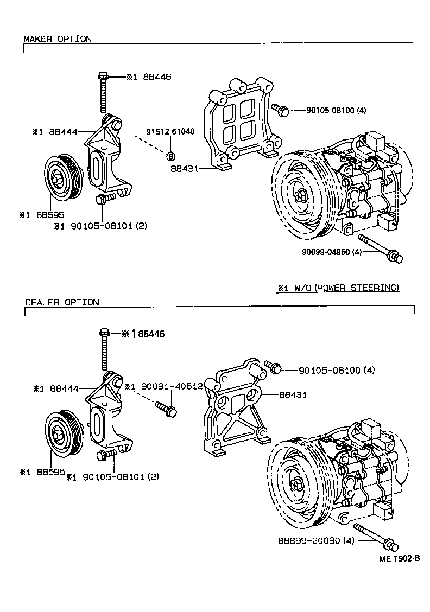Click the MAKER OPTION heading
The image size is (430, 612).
coord(57,39)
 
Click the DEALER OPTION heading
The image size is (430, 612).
coord(61,302)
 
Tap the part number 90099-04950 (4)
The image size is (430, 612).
coord(332,252)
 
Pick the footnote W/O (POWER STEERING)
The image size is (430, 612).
coord(338,288)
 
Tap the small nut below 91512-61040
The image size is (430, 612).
coord(170,156)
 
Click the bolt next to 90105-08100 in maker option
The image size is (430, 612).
coord(280,110)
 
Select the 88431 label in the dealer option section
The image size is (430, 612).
coord(293,395)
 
